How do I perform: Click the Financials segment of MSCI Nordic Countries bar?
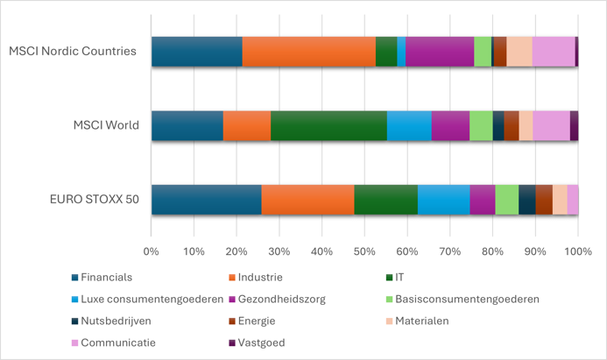click(x=196, y=52)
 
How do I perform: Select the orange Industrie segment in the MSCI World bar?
click(x=246, y=126)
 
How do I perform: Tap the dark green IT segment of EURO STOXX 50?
click(x=385, y=200)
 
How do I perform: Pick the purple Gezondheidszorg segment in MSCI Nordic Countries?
click(x=440, y=52)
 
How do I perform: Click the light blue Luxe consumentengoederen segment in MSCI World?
click(x=409, y=126)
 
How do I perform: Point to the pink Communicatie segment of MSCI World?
click(x=551, y=126)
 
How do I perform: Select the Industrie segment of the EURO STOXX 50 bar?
click(x=307, y=200)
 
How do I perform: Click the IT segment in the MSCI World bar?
click(x=328, y=126)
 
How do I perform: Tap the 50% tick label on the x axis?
click(x=364, y=252)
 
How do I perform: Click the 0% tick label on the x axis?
click(x=151, y=252)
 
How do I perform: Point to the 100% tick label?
click(x=577, y=252)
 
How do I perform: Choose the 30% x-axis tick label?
click(x=279, y=252)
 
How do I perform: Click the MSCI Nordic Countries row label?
click(x=73, y=51)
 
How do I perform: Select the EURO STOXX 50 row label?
click(x=95, y=199)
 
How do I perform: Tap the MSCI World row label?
click(x=106, y=125)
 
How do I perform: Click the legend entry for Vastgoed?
click(x=109, y=342)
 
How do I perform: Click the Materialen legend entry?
click(x=421, y=321)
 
